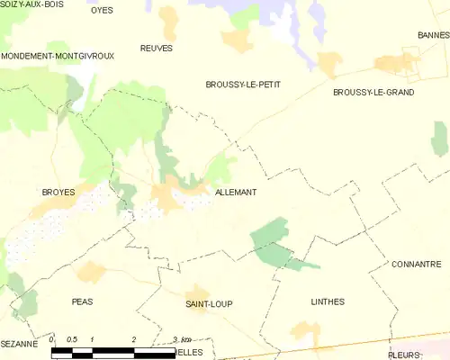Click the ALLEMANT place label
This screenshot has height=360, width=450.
pyautogui.click(x=237, y=193)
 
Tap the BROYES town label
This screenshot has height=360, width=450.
pyautogui.click(x=58, y=193)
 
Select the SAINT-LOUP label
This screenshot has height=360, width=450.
pyautogui.click(x=209, y=304)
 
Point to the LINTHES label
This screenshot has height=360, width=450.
pyautogui.click(x=327, y=301)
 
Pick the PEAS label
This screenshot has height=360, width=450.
pyautogui.click(x=82, y=301)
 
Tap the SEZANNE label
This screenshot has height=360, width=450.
pyautogui.click(x=19, y=344)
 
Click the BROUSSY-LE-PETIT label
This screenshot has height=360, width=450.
pyautogui.click(x=243, y=85)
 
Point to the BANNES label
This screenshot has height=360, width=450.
pyautogui.click(x=433, y=35)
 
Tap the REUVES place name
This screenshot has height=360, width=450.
pyautogui.click(x=157, y=48)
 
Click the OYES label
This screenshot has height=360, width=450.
pyautogui.click(x=101, y=10)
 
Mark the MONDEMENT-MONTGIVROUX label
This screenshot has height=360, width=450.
pyautogui.click(x=58, y=56)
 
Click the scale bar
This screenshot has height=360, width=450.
pyautogui.click(x=112, y=352)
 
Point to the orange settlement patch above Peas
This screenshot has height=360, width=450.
pyautogui.click(x=91, y=273)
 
